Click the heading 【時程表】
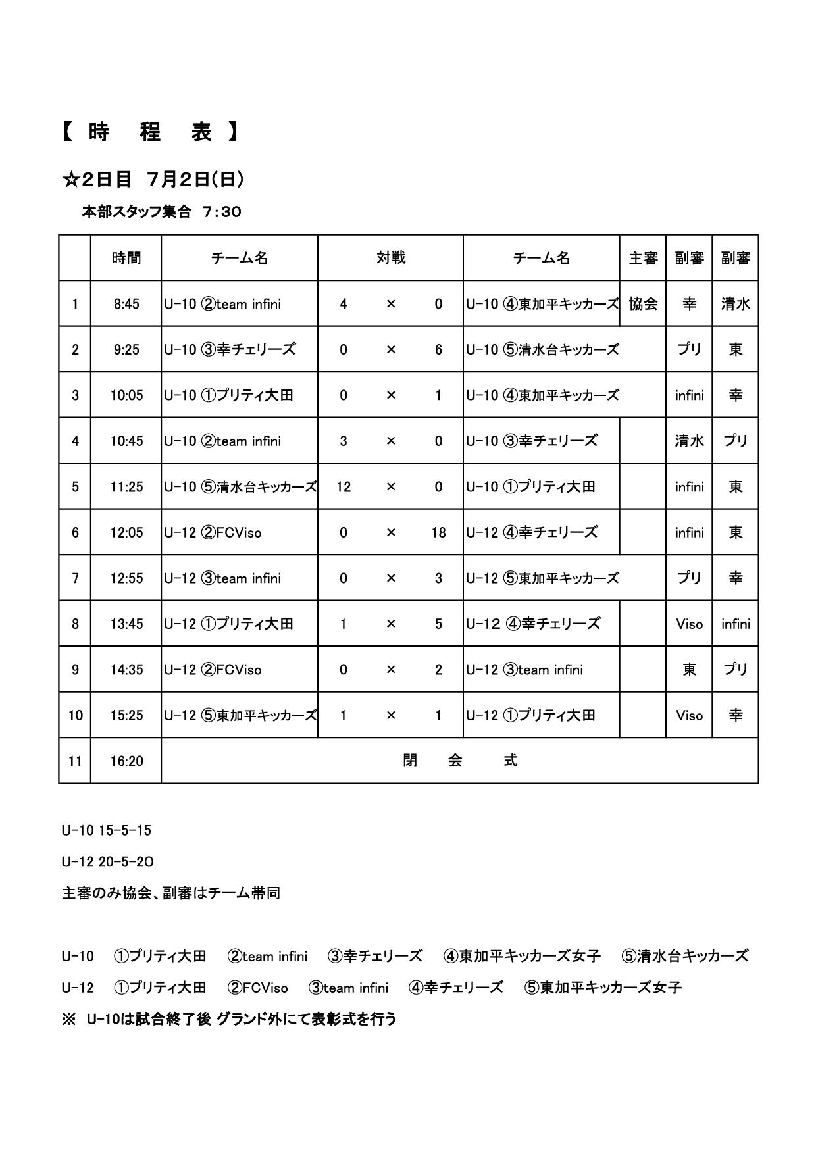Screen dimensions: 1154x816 tap(150, 132)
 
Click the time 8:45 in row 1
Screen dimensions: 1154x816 tap(126, 304)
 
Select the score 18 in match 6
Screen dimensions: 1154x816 tap(438, 532)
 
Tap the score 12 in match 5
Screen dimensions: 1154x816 tap(344, 487)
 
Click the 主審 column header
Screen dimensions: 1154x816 tap(643, 258)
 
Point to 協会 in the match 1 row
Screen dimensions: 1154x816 tap(643, 304)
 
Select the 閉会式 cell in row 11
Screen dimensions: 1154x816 tap(459, 761)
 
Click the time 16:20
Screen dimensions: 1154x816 tap(126, 761)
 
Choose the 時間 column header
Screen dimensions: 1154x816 tap(126, 258)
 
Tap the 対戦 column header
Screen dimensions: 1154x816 tap(390, 258)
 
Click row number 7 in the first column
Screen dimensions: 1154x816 tap(75, 578)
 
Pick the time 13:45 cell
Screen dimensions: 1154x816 tap(126, 624)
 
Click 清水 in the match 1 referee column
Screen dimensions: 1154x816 tap(735, 304)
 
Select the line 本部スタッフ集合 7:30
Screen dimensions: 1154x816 tap(161, 212)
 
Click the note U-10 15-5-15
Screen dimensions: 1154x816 tap(107, 830)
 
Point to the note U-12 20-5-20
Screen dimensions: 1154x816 tap(108, 862)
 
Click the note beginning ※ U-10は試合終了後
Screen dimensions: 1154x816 tap(229, 1019)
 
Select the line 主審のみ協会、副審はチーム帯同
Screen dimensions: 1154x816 tap(171, 893)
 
